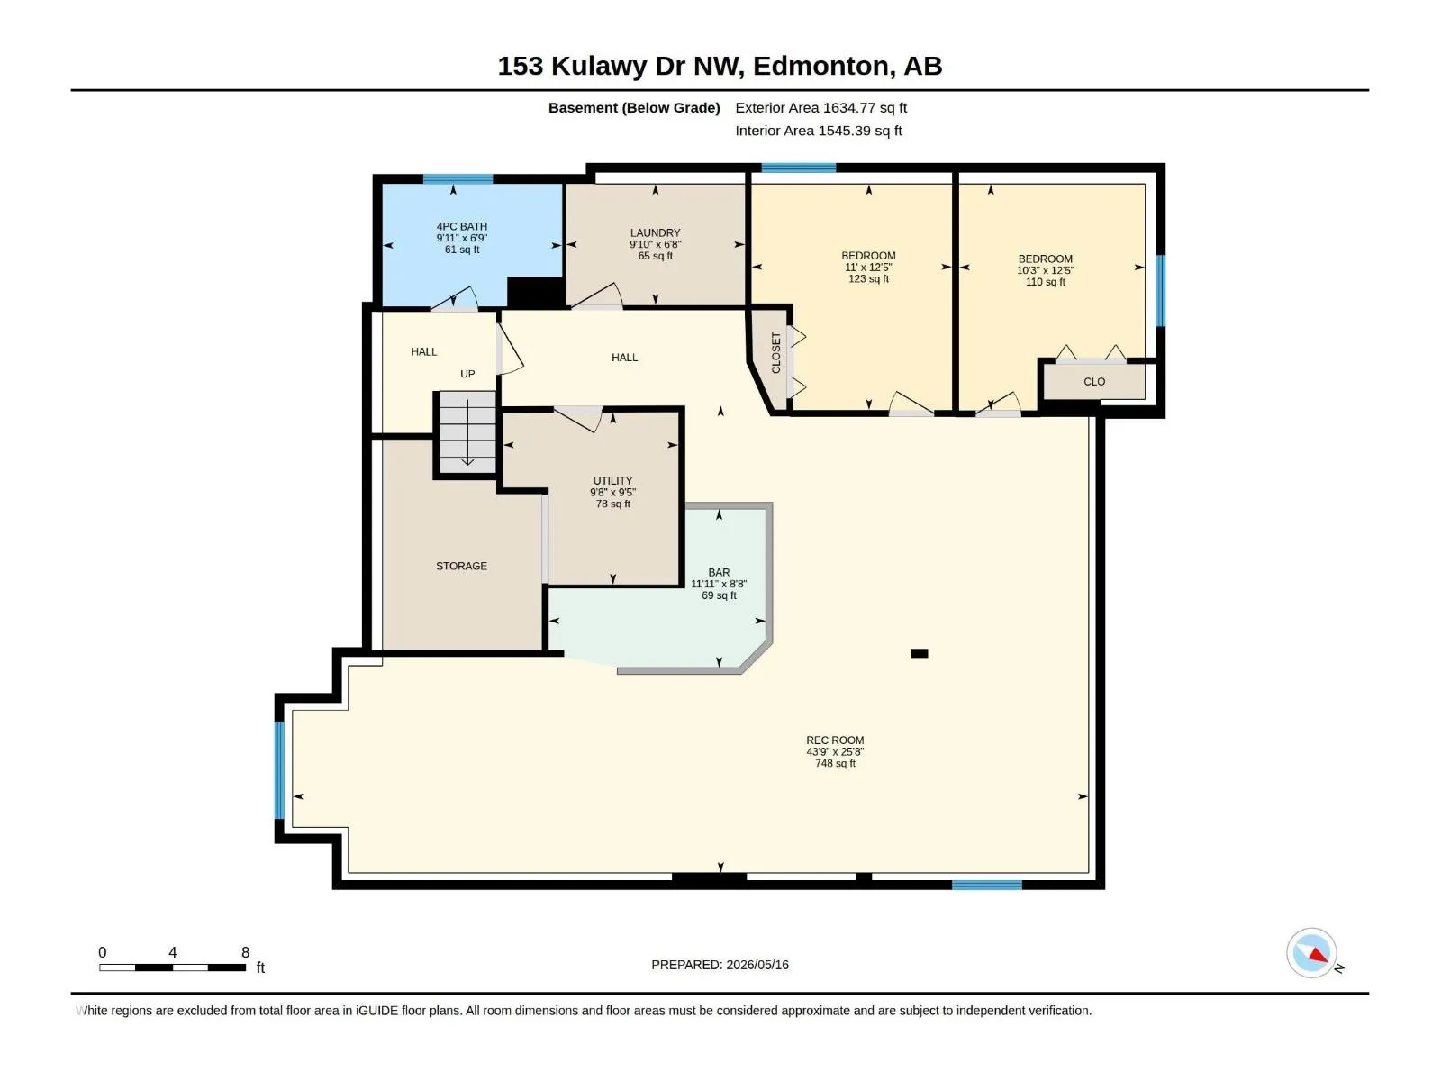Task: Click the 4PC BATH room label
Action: coord(461,226)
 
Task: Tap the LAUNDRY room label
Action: coord(655,233)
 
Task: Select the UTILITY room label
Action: coord(612,481)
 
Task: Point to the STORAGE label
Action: coord(461,567)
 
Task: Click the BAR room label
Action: coord(719,573)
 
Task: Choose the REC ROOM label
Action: coord(835,740)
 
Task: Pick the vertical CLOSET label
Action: coord(776,353)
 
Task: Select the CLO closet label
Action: coord(1094,382)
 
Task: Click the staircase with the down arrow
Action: coord(467,431)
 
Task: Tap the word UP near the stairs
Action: coord(467,374)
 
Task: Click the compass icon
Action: coord(1311,953)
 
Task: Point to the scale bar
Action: coord(173,967)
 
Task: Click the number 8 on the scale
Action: coord(246,952)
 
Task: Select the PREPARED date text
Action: coord(720,965)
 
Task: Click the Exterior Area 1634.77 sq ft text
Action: coord(821,107)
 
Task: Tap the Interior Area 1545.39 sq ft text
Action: coord(819,131)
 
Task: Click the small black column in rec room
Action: coord(920,653)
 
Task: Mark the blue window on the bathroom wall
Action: coord(458,179)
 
